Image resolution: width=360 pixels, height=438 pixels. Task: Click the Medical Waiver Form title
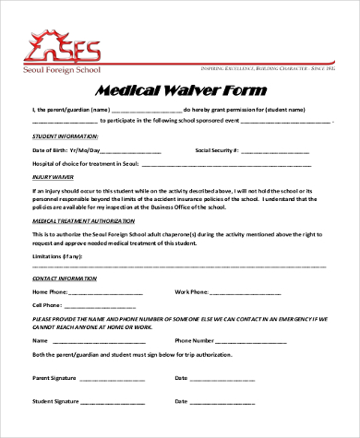pos(180,90)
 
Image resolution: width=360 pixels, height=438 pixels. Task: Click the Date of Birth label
pos(53,149)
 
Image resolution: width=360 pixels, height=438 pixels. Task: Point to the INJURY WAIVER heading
pos(54,176)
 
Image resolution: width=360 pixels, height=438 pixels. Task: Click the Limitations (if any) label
pos(57,255)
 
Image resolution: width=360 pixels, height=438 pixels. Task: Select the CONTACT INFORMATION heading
pos(66,278)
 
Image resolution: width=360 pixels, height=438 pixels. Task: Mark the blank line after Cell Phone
pos(110,306)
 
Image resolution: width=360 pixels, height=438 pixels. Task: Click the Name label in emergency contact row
pos(41,340)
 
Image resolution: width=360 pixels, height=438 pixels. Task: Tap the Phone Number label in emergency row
pos(194,340)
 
